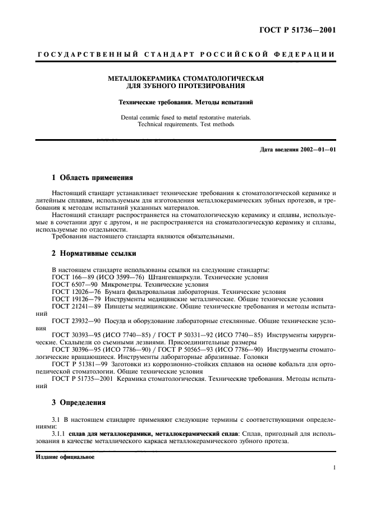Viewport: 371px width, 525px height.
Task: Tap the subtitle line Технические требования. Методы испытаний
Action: (186, 103)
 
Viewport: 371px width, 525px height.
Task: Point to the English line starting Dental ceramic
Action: (186, 117)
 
